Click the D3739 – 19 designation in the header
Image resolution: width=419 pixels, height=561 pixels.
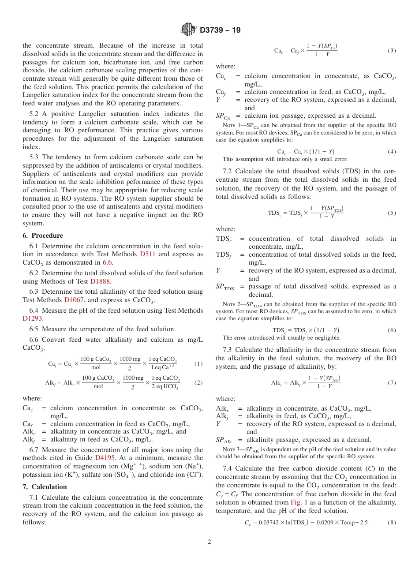click(x=220, y=30)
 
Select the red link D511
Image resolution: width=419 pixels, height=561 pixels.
click(x=147, y=254)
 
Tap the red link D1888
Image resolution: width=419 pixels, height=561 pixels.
click(x=100, y=281)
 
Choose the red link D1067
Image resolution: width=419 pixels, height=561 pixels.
click(x=74, y=300)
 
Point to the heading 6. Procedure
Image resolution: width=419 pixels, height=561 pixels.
click(x=43, y=236)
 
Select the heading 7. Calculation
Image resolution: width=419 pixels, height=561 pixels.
click(x=45, y=487)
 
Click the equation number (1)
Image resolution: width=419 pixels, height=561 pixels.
click(x=198, y=364)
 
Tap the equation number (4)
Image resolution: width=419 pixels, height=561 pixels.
click(x=392, y=152)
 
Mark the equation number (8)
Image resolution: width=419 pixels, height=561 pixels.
click(x=392, y=523)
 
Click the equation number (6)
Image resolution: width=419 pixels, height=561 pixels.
click(x=392, y=330)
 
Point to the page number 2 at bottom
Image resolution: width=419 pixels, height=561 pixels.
click(x=209, y=542)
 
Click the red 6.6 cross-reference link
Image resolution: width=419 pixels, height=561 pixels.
click(x=108, y=263)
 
